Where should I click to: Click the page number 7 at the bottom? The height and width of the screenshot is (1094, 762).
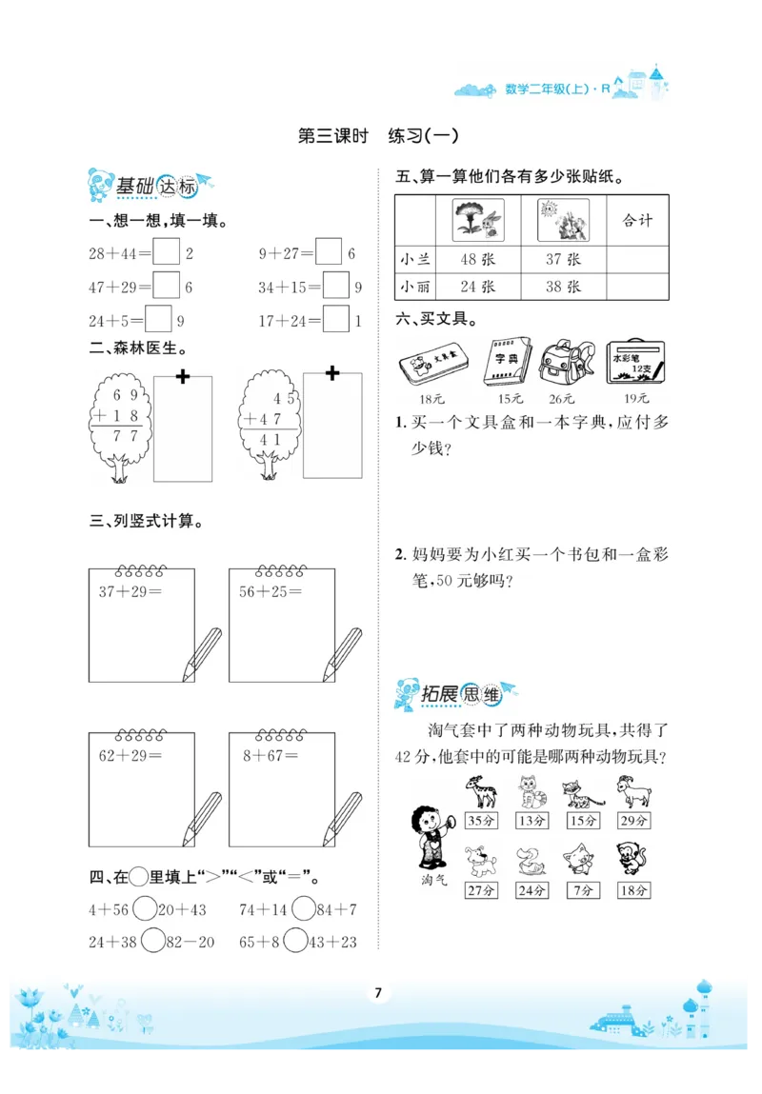pyautogui.click(x=379, y=993)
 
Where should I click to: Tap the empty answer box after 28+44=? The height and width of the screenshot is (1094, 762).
pyautogui.click(x=166, y=253)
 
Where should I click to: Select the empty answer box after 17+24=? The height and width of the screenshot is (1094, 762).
pyautogui.click(x=335, y=320)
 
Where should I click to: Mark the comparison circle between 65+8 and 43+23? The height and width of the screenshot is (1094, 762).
pyautogui.click(x=296, y=942)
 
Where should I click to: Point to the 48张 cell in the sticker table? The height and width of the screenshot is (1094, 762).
pyautogui.click(x=475, y=259)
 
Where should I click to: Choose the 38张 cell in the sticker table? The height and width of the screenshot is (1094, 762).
pyautogui.click(x=562, y=287)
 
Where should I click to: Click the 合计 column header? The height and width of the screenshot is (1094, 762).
pyautogui.click(x=637, y=221)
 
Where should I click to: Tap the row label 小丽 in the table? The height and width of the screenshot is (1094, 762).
pyautogui.click(x=415, y=287)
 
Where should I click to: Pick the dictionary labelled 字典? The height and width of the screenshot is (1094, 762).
pyautogui.click(x=503, y=362)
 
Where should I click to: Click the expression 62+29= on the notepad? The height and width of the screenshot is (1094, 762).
pyautogui.click(x=128, y=756)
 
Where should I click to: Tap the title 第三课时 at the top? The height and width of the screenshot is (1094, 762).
pyautogui.click(x=333, y=136)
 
